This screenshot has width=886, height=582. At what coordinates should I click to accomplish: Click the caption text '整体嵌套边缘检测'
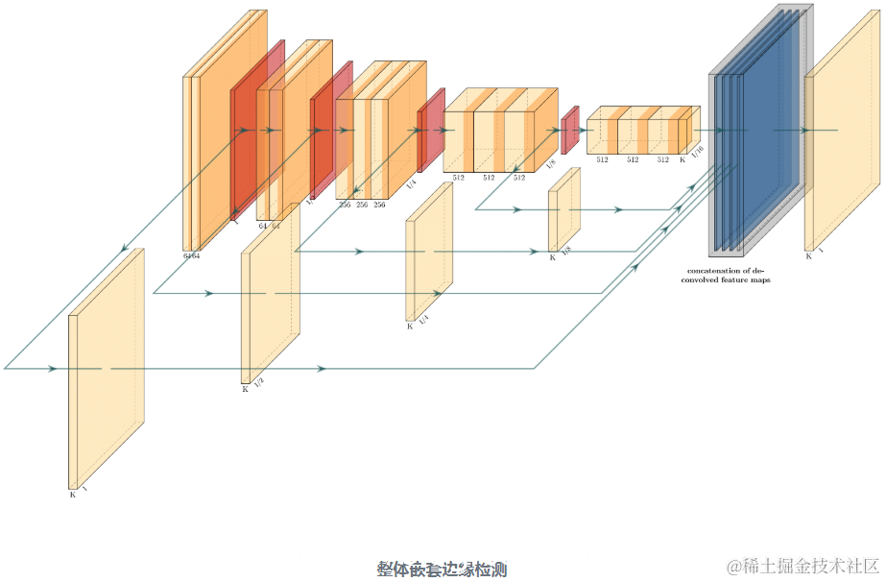point(442,570)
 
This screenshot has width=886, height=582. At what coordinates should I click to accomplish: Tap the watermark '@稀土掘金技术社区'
point(803,567)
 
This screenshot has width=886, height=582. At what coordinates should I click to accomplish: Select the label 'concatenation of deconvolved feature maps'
point(729,275)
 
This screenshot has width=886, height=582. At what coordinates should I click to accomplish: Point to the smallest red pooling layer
point(569,130)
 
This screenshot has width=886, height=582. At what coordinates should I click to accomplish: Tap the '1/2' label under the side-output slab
point(258,382)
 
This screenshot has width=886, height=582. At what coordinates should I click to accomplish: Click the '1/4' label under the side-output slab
point(422,319)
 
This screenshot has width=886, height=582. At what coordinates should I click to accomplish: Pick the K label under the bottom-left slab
point(72,495)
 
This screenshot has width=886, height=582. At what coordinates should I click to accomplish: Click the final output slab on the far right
point(842,134)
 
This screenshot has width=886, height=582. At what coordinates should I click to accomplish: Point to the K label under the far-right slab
point(808,256)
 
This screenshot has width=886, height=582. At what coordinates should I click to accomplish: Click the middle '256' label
point(362,205)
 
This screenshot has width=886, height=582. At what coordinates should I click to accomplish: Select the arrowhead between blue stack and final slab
point(804,130)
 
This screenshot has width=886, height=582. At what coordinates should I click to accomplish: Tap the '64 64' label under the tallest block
point(192,255)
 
